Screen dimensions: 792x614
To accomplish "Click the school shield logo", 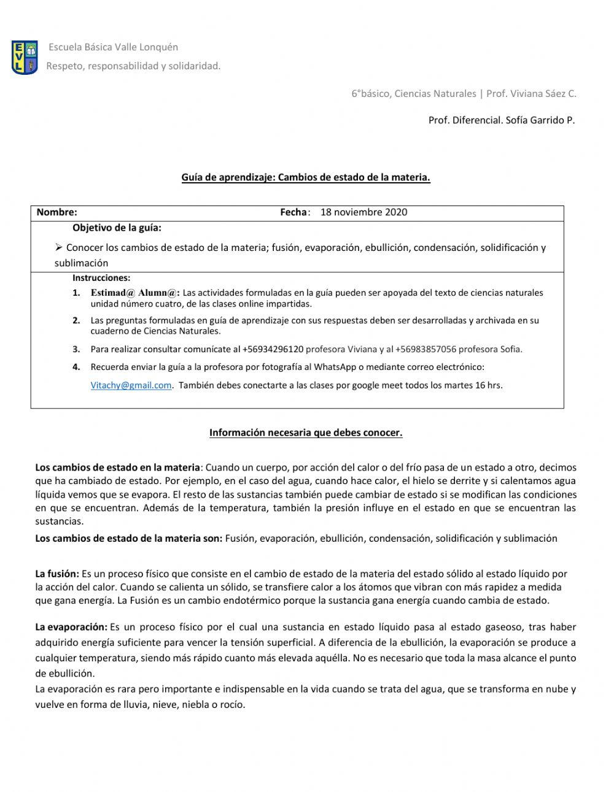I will click(x=25, y=58).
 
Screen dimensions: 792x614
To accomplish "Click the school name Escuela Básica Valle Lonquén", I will click(x=113, y=47).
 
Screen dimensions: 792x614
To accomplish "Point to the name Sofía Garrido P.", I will click(x=540, y=120).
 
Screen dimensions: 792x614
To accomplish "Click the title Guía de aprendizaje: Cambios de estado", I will click(x=306, y=177).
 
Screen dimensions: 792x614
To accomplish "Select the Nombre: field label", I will click(x=57, y=212).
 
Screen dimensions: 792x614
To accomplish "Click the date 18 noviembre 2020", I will click(x=363, y=212).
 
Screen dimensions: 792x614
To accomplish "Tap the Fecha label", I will click(x=293, y=212).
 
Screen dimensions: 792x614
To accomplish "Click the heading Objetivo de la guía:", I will click(x=117, y=228).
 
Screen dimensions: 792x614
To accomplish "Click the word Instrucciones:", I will click(x=101, y=278).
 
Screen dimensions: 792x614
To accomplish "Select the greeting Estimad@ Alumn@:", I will click(x=135, y=293).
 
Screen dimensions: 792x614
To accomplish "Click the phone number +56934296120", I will click(x=273, y=349).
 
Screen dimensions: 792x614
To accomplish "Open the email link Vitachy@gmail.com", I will click(x=131, y=385).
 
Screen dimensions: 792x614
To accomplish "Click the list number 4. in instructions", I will click(x=76, y=367).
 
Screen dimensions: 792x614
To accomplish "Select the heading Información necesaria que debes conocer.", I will click(x=306, y=433).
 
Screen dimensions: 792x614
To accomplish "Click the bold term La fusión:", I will click(x=57, y=574).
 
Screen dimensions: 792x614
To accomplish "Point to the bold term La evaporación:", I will click(x=71, y=627).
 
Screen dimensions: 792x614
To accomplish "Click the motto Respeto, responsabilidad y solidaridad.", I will click(x=133, y=66).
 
